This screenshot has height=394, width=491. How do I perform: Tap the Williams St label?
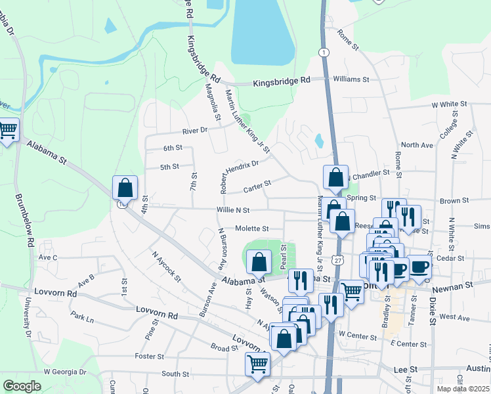(x=351, y=79)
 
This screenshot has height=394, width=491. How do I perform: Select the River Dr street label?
(x=195, y=130)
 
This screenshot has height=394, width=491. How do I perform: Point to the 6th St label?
(x=173, y=148)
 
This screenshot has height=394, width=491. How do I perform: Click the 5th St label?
(x=170, y=167)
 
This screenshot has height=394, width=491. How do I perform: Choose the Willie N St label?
(x=232, y=209)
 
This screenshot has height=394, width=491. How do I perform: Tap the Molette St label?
(x=252, y=229)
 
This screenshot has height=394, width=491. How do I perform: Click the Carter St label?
(x=257, y=188)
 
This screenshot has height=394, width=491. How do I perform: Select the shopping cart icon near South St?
(x=257, y=363)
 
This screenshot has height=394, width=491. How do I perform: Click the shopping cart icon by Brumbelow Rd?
(x=8, y=130)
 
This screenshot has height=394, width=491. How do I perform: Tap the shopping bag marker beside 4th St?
(x=125, y=188)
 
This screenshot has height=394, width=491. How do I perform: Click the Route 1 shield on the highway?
(x=324, y=51)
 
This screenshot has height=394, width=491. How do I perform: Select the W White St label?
(x=449, y=104)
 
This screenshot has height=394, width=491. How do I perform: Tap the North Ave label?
(x=417, y=145)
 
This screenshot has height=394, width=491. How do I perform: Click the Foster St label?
(x=148, y=357)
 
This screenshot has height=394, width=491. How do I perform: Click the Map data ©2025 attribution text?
(x=463, y=388)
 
